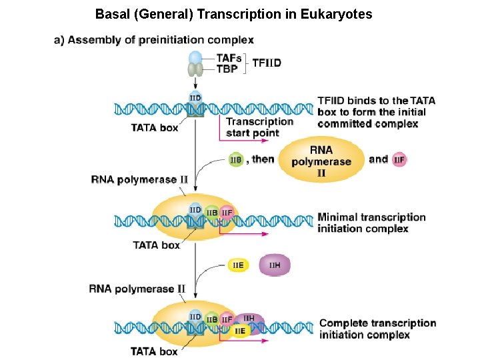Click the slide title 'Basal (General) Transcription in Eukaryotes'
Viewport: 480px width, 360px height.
tap(233, 14)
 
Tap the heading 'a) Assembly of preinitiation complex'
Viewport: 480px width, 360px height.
tap(153, 40)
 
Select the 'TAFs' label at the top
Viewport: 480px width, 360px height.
tap(229, 58)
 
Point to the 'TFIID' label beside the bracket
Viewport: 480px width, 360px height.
tap(267, 63)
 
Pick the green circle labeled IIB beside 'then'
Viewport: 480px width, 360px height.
tap(236, 160)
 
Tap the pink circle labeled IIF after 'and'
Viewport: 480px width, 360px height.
tap(399, 160)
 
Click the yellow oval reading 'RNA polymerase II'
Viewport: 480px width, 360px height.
tap(321, 161)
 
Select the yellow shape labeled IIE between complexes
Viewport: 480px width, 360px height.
tap(239, 265)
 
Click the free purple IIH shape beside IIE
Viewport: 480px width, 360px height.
tap(274, 265)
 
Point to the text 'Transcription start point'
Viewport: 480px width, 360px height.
tap(260, 127)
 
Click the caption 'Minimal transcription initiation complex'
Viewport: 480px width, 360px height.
tap(371, 223)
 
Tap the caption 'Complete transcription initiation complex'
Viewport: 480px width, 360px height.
tap(377, 329)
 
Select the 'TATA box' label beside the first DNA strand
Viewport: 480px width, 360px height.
tap(155, 127)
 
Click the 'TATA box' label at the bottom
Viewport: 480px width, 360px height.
tap(154, 351)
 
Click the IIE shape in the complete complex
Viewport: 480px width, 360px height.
tap(239, 330)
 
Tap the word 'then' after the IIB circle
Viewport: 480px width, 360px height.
tap(263, 159)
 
